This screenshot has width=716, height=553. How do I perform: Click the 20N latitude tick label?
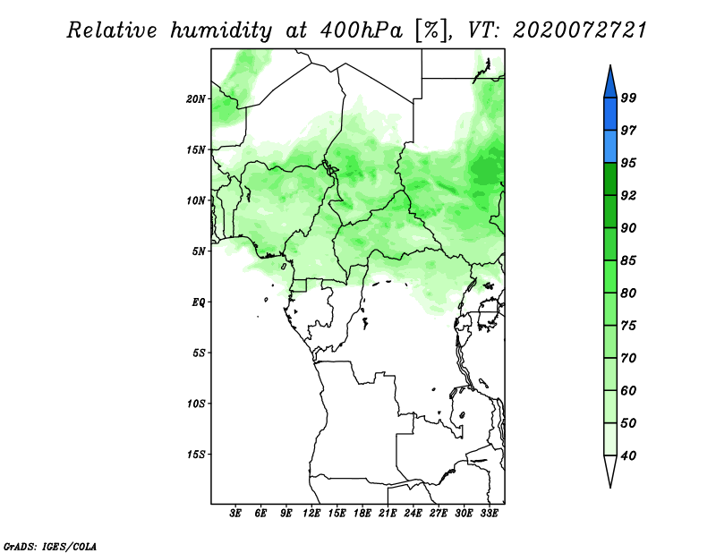(196, 99)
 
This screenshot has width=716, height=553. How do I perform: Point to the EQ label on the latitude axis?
(198, 302)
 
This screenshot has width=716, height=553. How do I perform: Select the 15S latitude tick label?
(196, 455)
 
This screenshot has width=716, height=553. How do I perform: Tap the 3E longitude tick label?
(235, 514)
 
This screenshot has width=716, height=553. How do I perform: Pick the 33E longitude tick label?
(489, 514)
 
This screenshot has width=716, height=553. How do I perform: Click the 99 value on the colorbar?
(628, 98)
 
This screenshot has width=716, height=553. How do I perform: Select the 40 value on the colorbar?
(628, 455)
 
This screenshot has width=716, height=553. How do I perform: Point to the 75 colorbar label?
(628, 326)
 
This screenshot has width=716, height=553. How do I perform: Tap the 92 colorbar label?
(628, 195)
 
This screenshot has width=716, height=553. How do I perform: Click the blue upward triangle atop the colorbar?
(610, 82)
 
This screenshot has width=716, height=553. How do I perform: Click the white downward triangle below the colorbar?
(610, 472)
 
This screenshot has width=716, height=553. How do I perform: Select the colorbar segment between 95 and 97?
(610, 147)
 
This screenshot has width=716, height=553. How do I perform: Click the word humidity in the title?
(221, 30)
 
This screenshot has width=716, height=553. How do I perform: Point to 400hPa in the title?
(362, 30)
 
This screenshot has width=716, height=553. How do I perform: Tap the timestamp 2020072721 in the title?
(580, 30)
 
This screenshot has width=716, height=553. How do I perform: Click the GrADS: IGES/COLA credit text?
(50, 546)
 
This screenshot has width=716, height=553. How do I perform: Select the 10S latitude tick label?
(196, 404)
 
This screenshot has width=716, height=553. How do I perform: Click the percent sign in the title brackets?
(430, 30)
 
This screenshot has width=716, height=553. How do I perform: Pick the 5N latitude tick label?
(199, 251)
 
